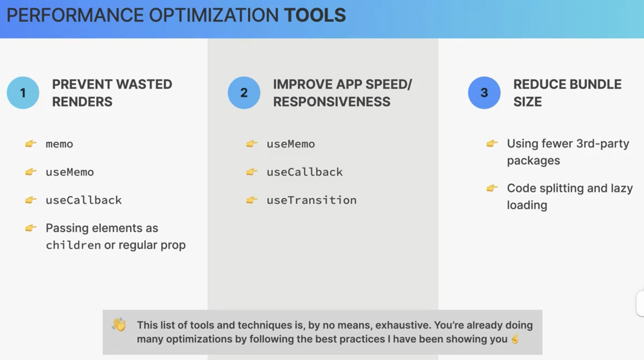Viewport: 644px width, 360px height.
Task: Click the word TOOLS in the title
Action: click(x=315, y=15)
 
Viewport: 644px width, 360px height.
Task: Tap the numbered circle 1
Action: click(x=23, y=93)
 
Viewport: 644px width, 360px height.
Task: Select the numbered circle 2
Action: click(x=244, y=93)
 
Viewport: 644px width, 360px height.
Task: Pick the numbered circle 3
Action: click(x=484, y=93)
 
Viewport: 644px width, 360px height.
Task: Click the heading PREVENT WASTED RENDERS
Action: click(x=112, y=93)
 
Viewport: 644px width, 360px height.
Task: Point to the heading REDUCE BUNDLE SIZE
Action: click(x=567, y=93)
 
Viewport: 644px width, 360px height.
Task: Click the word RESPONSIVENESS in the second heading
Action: click(x=331, y=102)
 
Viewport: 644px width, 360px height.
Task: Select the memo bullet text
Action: click(x=59, y=144)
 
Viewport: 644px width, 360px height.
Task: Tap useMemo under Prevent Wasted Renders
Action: click(x=70, y=172)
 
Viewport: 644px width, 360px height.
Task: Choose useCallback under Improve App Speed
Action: click(x=304, y=172)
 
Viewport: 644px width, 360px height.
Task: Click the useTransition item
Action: click(x=312, y=200)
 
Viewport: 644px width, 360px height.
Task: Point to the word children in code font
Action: click(x=73, y=245)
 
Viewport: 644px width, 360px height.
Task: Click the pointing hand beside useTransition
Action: click(x=252, y=200)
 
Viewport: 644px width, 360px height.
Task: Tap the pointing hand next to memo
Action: click(x=31, y=143)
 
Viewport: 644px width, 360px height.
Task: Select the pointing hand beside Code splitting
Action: click(x=492, y=188)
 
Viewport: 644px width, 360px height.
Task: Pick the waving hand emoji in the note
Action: click(x=119, y=325)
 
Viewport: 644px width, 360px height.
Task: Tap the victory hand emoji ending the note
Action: click(x=515, y=339)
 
